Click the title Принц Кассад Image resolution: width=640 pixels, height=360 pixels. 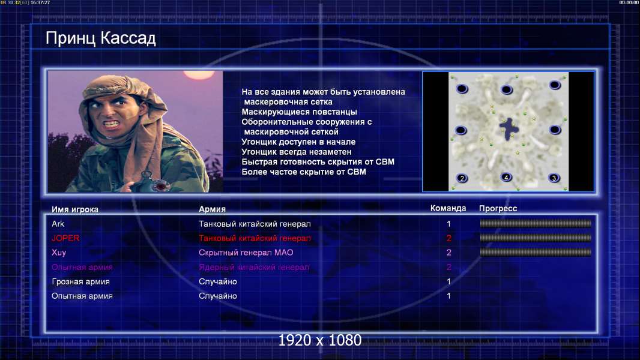coord(100,38)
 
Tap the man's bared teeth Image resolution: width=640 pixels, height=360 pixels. coord(112,123)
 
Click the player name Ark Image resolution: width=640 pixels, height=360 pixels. coord(58,224)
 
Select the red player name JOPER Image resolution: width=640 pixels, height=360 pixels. coord(65,238)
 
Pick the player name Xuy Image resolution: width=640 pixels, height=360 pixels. coord(59,253)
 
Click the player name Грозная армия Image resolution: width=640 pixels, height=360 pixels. coord(81,282)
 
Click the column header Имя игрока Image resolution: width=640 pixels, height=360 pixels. coord(74,209)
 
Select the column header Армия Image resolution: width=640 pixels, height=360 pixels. coord(213,209)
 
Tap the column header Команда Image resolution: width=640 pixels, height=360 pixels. coord(448,208)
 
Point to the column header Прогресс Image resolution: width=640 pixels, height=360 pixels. coord(498,209)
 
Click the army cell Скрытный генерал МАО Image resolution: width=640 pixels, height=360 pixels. coord(246,253)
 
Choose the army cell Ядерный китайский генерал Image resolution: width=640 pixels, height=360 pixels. coord(254,268)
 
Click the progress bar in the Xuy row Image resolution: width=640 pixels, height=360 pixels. coord(536,253)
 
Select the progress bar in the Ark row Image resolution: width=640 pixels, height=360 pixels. coord(536,223)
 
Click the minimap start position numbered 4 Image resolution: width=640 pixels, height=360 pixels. coord(506,178)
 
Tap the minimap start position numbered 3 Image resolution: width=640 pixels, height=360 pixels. coord(554,178)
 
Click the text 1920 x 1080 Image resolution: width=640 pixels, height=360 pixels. coord(319,340)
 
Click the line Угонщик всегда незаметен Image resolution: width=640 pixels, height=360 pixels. coord(297,152)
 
